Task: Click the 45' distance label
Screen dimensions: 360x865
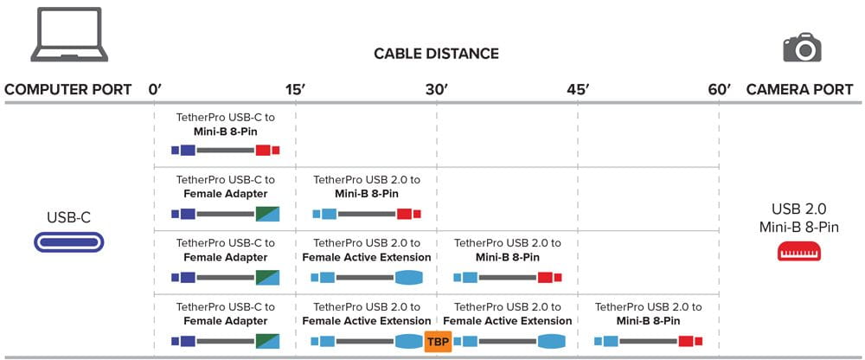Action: pyautogui.click(x=577, y=89)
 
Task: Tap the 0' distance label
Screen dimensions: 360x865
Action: pyautogui.click(x=156, y=89)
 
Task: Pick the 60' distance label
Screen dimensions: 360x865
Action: pyautogui.click(x=718, y=89)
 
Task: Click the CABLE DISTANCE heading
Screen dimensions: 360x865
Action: pyautogui.click(x=436, y=54)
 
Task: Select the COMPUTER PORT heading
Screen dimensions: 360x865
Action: pyautogui.click(x=68, y=89)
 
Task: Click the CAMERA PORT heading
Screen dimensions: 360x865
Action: pyautogui.click(x=799, y=89)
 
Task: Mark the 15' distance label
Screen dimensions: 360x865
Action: pyautogui.click(x=295, y=89)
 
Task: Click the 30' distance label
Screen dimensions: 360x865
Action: pyautogui.click(x=436, y=89)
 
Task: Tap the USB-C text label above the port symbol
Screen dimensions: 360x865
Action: pyautogui.click(x=68, y=216)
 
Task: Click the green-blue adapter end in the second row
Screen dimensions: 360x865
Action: pyautogui.click(x=267, y=214)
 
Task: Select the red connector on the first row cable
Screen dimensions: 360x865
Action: pyautogui.click(x=264, y=151)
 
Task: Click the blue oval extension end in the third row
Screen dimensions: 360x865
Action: pyautogui.click(x=409, y=278)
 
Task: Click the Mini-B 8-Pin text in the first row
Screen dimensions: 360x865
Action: pyautogui.click(x=225, y=132)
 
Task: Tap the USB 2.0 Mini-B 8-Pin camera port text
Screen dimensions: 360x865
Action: pyautogui.click(x=799, y=217)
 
